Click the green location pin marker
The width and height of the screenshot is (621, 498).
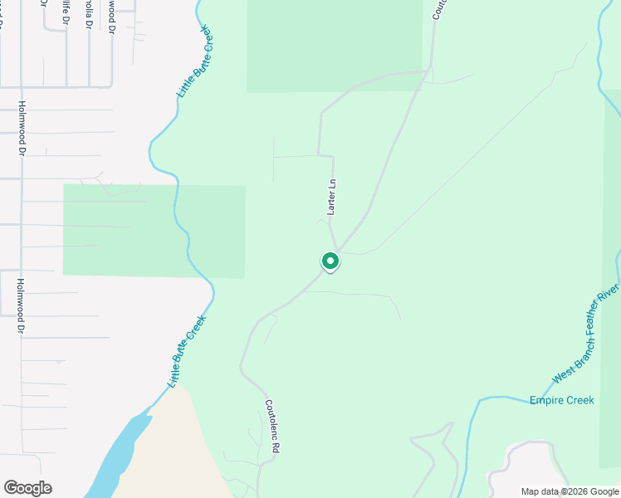click(x=330, y=261)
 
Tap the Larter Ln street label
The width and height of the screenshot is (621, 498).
click(x=330, y=198)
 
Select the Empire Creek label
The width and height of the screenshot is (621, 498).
click(x=562, y=400)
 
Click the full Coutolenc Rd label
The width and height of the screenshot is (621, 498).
click(x=271, y=426)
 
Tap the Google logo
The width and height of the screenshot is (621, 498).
click(x=27, y=488)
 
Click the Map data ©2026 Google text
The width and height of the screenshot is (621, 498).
click(x=570, y=491)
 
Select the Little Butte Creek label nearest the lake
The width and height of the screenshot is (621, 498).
click(x=187, y=352)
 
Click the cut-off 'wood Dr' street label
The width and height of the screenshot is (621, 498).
click(x=110, y=17)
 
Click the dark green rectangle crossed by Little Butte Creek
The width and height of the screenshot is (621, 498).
click(x=154, y=231)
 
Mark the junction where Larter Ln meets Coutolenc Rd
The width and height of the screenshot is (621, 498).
click(x=336, y=250)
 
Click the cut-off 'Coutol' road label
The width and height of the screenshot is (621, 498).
click(x=438, y=9)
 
